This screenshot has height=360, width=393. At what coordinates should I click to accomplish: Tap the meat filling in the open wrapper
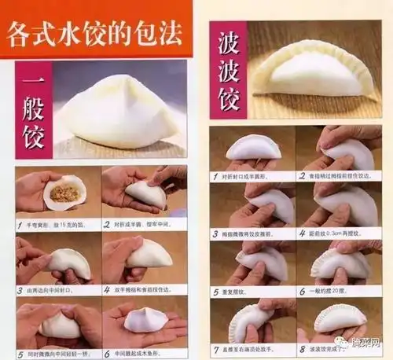pos(64,193)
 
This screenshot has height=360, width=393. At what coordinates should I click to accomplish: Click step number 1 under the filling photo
pos(20,224)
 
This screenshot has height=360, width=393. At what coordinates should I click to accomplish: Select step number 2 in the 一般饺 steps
pos(108,224)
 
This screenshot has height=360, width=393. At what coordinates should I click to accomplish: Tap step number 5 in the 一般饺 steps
pos(20,354)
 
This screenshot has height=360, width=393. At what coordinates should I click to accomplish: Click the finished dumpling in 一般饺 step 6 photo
pos(146,318)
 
